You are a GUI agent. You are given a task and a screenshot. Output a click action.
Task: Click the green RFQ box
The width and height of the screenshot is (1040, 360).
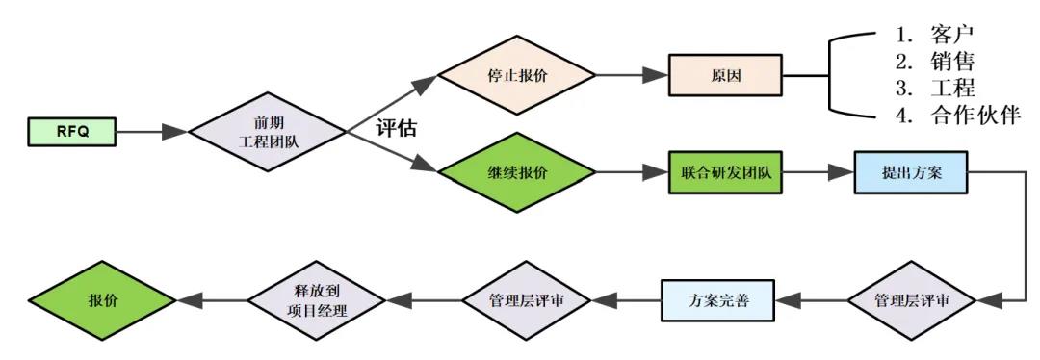tap(71, 132)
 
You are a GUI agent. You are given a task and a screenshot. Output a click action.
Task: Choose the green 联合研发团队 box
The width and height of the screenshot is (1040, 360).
tap(724, 174)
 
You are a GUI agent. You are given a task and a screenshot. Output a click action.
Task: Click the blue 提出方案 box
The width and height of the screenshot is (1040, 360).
tap(910, 174)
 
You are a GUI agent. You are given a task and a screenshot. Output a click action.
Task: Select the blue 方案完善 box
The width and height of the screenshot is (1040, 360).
tap(718, 300)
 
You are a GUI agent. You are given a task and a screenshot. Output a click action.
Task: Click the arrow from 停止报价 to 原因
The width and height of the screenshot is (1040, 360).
tap(627, 74)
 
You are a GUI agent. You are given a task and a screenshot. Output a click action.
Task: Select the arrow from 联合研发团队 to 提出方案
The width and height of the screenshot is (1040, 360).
tap(817, 174)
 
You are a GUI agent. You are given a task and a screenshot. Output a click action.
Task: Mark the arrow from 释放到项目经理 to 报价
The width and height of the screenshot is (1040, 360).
tap(211, 300)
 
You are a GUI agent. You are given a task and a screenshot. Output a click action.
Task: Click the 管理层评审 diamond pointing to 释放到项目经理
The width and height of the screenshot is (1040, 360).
tap(526, 300)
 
